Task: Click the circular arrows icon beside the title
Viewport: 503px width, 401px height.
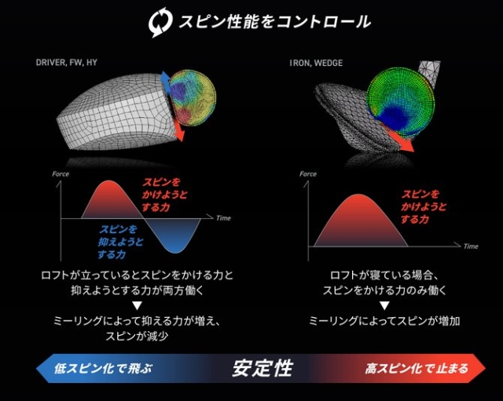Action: pos(160,22)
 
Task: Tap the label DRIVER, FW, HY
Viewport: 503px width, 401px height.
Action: pos(66,62)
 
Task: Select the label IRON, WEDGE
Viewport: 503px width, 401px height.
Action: pos(316,63)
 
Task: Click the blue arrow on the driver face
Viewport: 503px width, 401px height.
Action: pos(165,81)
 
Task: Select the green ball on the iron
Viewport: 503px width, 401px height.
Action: pos(400,102)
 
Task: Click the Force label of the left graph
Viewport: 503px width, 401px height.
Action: pos(61,174)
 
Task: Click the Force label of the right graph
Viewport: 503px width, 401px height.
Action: pos(308,174)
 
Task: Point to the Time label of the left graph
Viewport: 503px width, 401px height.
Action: pos(223,218)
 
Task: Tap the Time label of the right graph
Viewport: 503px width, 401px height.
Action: pos(471,246)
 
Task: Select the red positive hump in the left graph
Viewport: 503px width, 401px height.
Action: pos(110,200)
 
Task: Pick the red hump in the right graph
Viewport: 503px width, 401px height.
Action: pos(360,221)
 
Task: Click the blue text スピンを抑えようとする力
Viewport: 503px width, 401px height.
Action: pos(120,242)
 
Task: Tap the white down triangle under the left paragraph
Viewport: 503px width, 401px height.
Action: pos(138,306)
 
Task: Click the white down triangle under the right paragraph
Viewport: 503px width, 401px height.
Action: pos(384,306)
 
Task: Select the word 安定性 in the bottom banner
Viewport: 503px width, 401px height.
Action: pos(263,368)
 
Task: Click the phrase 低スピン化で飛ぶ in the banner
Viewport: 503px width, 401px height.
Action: pos(103,368)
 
